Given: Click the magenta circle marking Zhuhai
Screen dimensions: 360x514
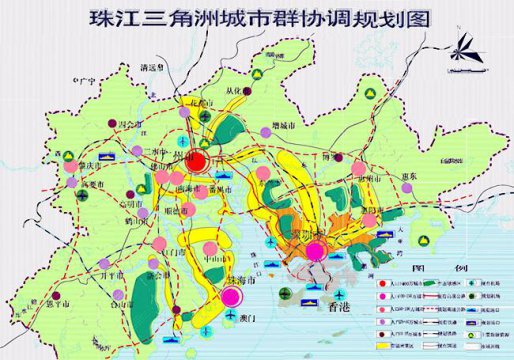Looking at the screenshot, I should click(232, 297).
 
